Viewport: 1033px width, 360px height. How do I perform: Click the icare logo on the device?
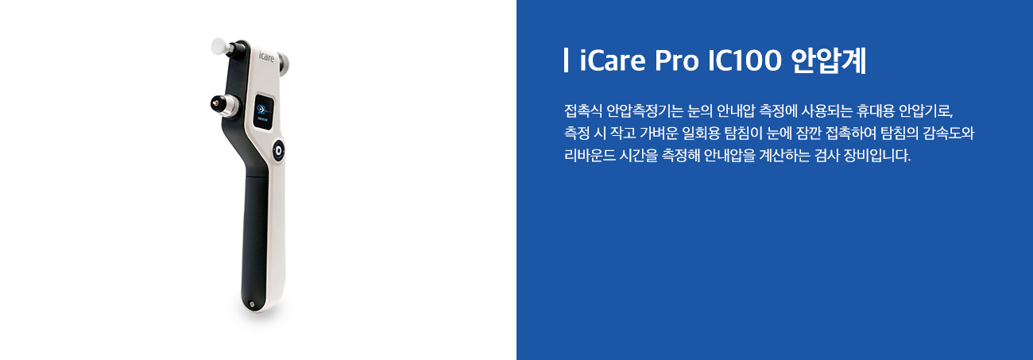(266, 57)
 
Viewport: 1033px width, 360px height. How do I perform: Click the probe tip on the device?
(216, 103)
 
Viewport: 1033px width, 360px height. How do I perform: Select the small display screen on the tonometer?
(265, 112)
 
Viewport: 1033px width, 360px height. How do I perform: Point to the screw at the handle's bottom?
(251, 304)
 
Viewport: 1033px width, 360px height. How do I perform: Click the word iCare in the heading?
(613, 60)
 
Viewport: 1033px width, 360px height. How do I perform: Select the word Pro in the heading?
(676, 60)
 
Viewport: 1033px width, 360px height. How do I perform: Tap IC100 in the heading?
(745, 60)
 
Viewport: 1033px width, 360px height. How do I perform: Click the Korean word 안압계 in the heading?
(829, 60)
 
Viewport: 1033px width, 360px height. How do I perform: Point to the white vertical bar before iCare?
(566, 60)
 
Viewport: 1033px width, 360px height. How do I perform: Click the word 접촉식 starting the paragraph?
(583, 111)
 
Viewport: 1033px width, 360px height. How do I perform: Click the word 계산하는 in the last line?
(784, 155)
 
